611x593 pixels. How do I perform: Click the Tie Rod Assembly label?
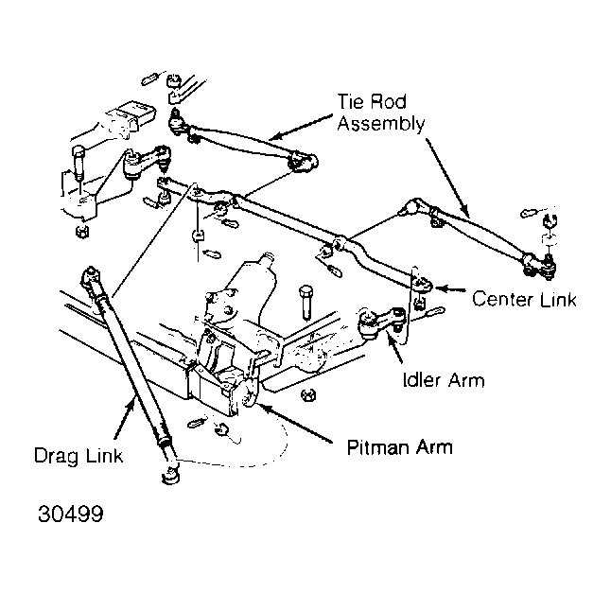[x=381, y=113]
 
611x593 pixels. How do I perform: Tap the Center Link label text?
[x=524, y=299]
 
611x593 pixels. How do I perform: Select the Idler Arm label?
[x=444, y=380]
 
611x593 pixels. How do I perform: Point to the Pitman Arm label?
[x=400, y=447]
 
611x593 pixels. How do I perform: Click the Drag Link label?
[x=79, y=456]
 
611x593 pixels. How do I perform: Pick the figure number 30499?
[x=71, y=514]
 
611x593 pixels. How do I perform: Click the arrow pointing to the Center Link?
[x=450, y=289]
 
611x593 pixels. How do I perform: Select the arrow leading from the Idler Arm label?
[x=394, y=348]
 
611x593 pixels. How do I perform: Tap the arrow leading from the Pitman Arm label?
[x=295, y=423]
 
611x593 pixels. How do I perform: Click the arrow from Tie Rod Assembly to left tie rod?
[x=301, y=127]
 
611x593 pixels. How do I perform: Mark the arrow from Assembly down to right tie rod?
[x=447, y=178]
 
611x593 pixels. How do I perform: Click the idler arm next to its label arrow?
[x=381, y=322]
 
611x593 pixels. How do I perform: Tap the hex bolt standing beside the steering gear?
[x=305, y=303]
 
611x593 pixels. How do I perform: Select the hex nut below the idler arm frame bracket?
[x=308, y=395]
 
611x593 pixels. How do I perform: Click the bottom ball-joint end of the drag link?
[x=170, y=476]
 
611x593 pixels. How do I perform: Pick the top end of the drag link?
[x=91, y=276]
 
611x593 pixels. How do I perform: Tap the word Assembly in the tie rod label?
[x=381, y=124]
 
